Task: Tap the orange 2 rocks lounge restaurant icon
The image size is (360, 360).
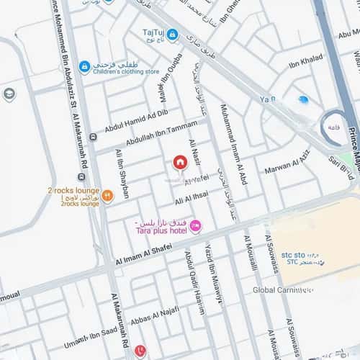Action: pos(107,194)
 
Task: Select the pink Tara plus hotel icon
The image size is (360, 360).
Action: pos(195,226)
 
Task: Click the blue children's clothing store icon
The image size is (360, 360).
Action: pos(84,67)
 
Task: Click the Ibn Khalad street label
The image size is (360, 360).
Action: pos(305,64)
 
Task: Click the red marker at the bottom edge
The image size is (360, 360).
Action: pos(140,351)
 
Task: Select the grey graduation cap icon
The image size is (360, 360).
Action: pos(9,94)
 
